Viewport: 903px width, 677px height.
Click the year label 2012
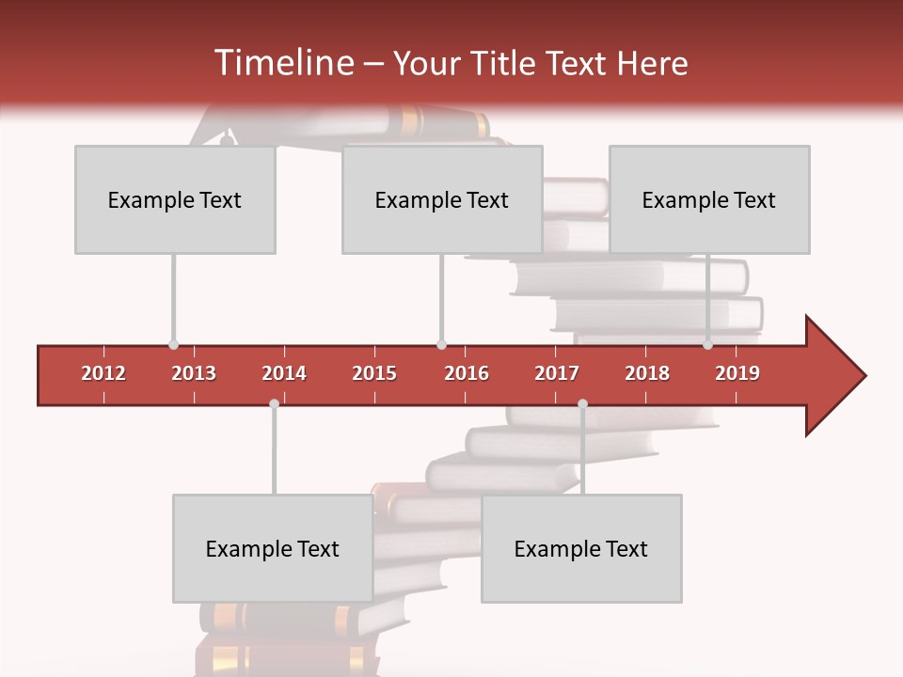[x=103, y=373]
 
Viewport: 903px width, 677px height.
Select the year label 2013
[x=194, y=373]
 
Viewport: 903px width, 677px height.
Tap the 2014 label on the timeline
[x=284, y=373]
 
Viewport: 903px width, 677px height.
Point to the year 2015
[x=374, y=373]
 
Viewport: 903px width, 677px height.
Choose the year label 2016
[x=467, y=373]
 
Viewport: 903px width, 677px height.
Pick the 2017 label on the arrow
[x=557, y=373]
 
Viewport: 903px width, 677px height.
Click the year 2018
[x=647, y=373]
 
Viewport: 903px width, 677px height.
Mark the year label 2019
[x=737, y=373]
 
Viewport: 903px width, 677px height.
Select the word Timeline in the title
[x=282, y=63]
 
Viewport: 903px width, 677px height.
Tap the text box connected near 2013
[x=175, y=199]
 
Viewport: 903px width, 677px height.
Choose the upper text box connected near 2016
[x=442, y=199]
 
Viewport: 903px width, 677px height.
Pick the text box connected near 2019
[x=709, y=199]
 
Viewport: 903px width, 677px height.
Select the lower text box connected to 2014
[x=273, y=548]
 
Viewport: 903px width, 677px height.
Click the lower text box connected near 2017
[x=581, y=548]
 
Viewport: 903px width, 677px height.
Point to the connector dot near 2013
[x=173, y=345]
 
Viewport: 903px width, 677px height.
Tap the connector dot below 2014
[x=274, y=403]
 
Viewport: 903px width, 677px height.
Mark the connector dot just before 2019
[x=707, y=345]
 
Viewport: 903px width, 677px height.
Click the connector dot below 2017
[x=582, y=403]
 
